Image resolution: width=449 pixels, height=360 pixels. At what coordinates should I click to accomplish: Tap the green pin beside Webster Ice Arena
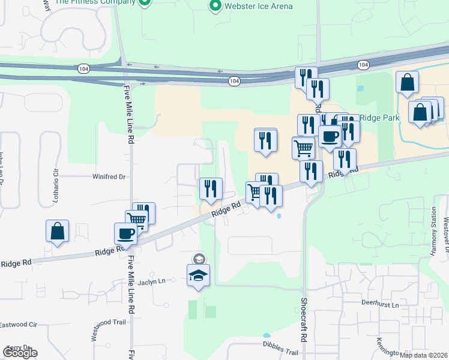point(215,6)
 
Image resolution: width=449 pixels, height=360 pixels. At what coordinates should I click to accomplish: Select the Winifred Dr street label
point(109,177)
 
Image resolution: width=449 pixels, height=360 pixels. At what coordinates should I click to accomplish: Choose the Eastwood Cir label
point(19,325)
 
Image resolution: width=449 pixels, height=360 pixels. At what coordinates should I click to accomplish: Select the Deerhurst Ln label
point(381,304)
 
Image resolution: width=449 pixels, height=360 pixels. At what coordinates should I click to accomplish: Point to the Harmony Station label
point(433,231)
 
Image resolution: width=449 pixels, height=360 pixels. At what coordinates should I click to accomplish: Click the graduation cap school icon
point(197,277)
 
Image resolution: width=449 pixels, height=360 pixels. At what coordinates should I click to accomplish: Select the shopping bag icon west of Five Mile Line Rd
point(57,230)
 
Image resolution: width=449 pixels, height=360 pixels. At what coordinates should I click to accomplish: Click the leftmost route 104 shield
point(80,69)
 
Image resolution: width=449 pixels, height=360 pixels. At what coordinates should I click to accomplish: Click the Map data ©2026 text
point(423,355)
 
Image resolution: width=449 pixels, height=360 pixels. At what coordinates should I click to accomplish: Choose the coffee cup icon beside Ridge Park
point(329,136)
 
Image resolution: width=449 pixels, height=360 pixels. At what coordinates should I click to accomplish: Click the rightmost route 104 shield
point(363,64)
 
